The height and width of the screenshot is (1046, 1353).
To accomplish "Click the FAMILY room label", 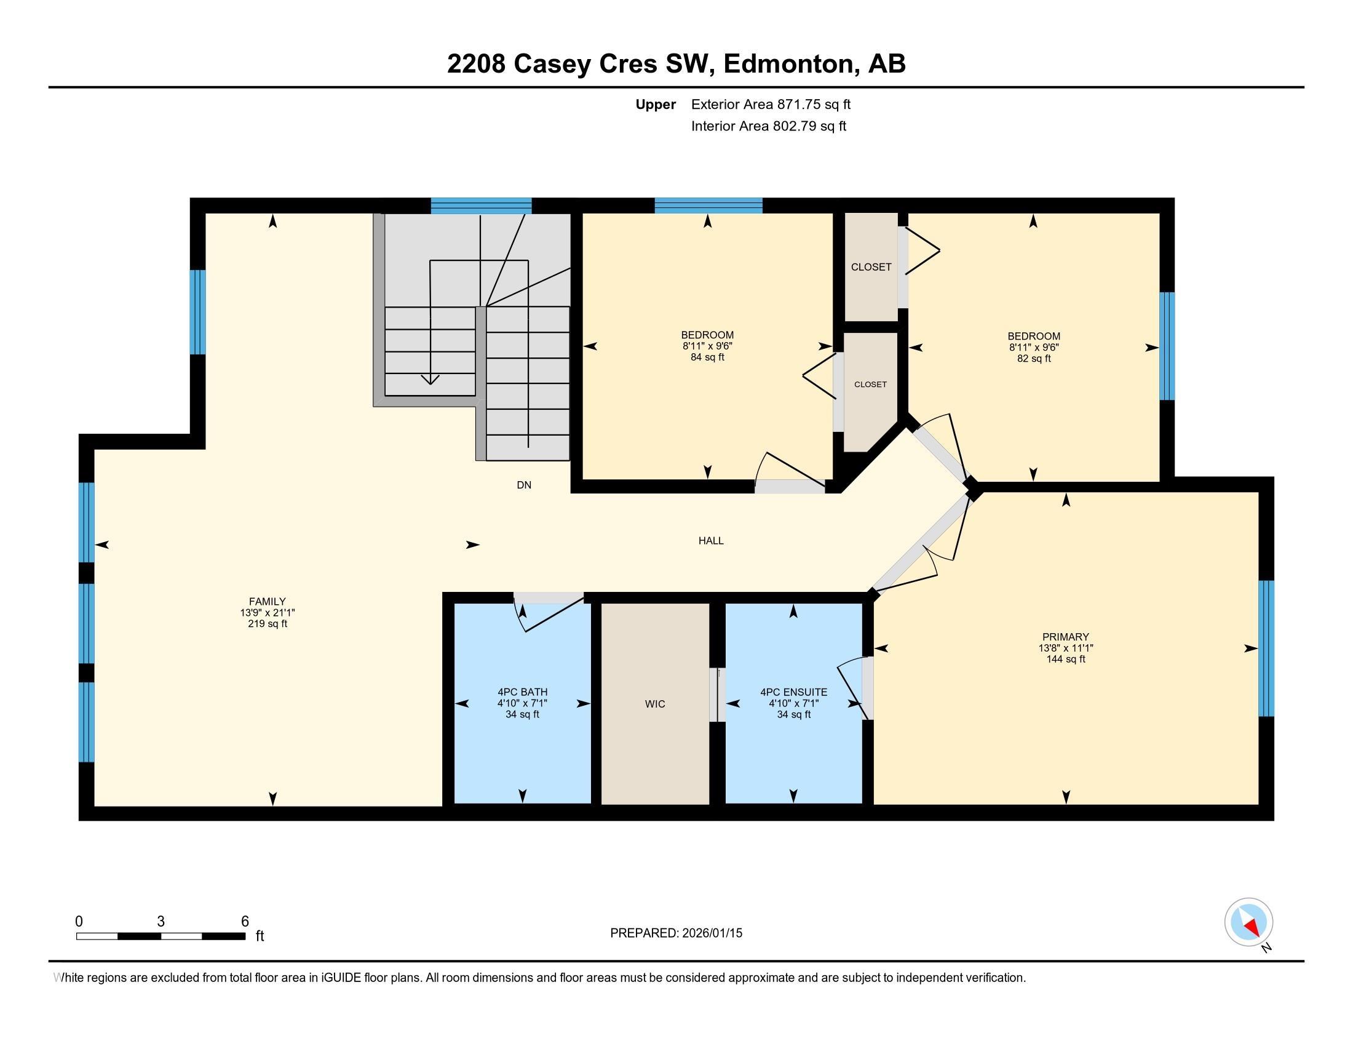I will pos(267,601).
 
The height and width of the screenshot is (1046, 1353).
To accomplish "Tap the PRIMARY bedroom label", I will pos(1065,636).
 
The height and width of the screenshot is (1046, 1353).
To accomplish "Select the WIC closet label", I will pos(655,704).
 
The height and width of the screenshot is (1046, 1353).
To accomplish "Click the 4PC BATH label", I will pos(522,692).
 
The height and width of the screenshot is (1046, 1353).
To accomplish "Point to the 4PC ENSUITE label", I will pos(793,692).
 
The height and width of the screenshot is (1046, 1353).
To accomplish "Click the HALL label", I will pos(710,540).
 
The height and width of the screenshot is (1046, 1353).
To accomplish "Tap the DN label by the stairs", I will pos(523,485).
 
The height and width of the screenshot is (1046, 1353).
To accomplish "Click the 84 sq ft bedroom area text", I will pos(707,357).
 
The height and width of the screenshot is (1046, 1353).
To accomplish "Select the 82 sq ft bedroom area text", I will pos(1033,359).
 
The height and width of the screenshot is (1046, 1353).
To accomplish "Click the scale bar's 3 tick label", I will pos(161,922).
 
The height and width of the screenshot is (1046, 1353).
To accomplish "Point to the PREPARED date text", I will pos(676,933).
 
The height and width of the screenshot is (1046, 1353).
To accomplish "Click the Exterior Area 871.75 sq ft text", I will pos(771,104).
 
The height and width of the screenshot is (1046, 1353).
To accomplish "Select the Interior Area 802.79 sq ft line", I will pos(768,126).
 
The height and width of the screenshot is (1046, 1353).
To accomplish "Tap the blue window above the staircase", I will pos(481,205).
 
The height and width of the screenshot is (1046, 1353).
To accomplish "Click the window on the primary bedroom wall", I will pos(1266,648).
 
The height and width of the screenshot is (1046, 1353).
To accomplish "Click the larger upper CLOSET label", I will pos(871,267).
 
